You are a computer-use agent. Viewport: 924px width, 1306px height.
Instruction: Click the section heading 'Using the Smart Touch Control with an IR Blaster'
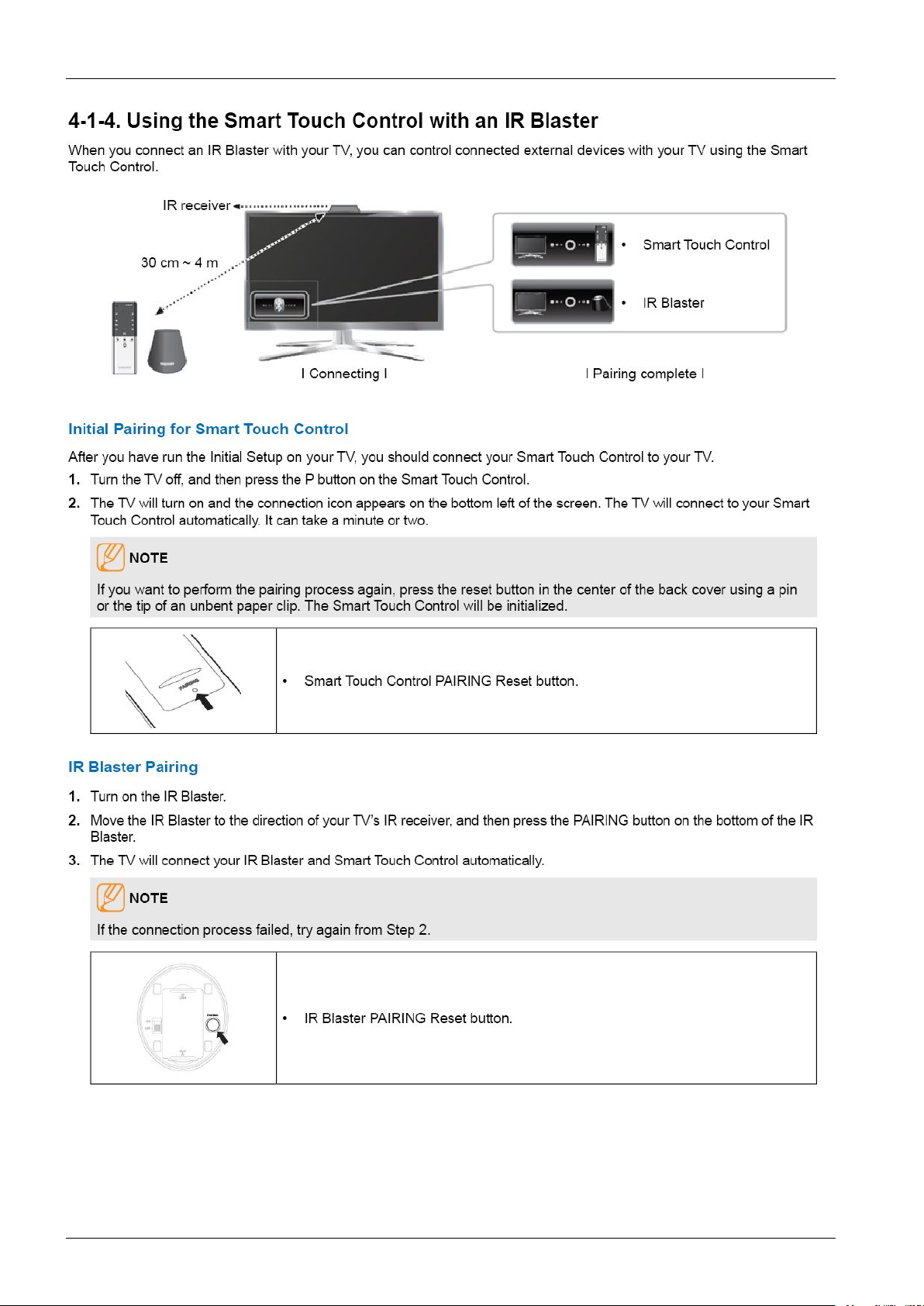[333, 121]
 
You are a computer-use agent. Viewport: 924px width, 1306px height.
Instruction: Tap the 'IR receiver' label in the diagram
[196, 205]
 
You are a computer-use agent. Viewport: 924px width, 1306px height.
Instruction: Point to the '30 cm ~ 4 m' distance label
[180, 263]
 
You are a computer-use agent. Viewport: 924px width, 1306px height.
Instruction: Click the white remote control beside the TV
[124, 338]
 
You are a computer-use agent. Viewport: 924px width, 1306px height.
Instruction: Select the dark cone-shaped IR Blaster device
[167, 350]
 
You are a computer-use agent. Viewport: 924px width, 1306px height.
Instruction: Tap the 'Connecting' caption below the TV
[344, 374]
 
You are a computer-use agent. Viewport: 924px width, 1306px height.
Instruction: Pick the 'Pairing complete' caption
[644, 374]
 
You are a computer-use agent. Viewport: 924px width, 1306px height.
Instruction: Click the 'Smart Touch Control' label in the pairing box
[705, 245]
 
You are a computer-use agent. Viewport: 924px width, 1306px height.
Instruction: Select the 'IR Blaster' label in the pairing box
[673, 303]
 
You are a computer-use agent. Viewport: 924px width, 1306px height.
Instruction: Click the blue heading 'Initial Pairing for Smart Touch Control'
[208, 429]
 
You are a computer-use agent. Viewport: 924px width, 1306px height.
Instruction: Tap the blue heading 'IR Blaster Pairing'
[133, 767]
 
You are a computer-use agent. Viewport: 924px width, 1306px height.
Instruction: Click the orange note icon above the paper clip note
[110, 557]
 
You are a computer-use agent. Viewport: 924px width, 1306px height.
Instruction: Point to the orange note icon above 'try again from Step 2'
[110, 897]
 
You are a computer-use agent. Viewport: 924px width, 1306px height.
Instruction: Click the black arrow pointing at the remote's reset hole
[205, 701]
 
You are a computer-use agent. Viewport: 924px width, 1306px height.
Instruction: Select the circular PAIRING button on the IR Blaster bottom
[213, 1024]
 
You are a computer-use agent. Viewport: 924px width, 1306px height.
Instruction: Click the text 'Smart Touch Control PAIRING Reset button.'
[440, 681]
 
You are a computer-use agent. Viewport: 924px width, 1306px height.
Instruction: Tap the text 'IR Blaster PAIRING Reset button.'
[408, 1018]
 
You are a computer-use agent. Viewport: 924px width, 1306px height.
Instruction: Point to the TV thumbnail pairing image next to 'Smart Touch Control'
[563, 245]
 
